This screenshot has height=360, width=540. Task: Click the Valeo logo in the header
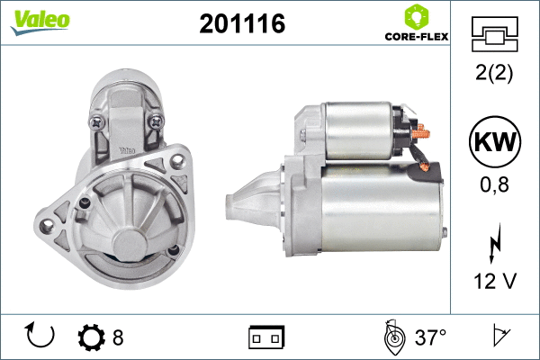tap(40, 22)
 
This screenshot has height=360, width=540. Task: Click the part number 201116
tap(242, 23)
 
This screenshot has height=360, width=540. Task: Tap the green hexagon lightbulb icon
tap(417, 16)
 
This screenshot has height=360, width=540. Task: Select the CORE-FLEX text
tap(417, 37)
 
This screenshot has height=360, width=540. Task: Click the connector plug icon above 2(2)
tap(494, 34)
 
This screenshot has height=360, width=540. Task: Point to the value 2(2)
tap(494, 73)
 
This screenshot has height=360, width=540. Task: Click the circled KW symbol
tap(495, 141)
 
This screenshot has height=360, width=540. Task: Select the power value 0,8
tap(494, 184)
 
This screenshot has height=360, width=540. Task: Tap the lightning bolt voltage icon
tap(495, 244)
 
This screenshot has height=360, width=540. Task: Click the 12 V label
tap(495, 281)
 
